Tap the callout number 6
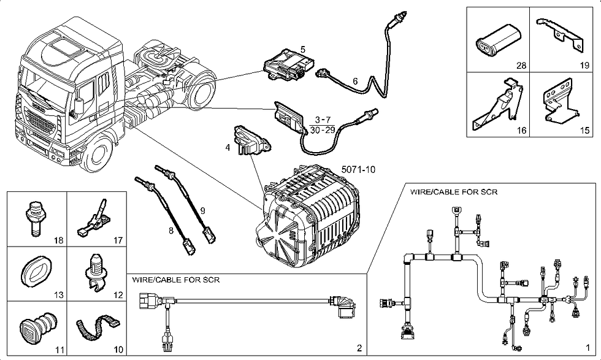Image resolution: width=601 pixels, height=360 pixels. click(x=354, y=81)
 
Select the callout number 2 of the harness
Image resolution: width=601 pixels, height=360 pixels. click(x=360, y=348)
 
